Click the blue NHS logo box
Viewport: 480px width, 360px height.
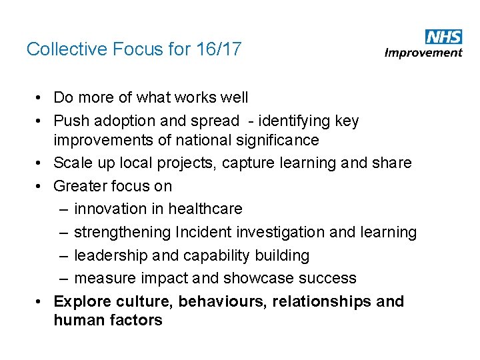443,37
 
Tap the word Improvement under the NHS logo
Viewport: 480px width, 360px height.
424,53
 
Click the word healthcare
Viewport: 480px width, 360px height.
205,209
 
